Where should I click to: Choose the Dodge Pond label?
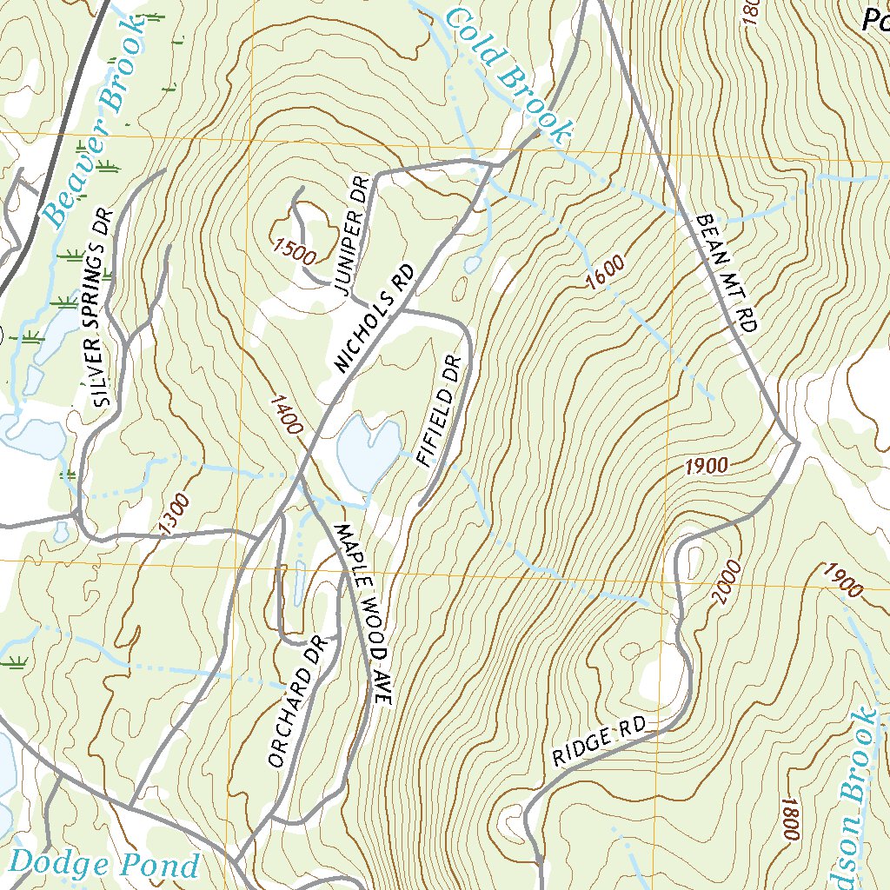click(104, 865)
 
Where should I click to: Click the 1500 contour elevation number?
click(292, 251)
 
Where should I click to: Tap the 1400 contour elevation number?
click(286, 415)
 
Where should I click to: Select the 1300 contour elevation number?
click(174, 513)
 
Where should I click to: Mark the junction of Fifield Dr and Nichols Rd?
click(402, 309)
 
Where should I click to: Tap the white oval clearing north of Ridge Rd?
click(661, 674)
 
